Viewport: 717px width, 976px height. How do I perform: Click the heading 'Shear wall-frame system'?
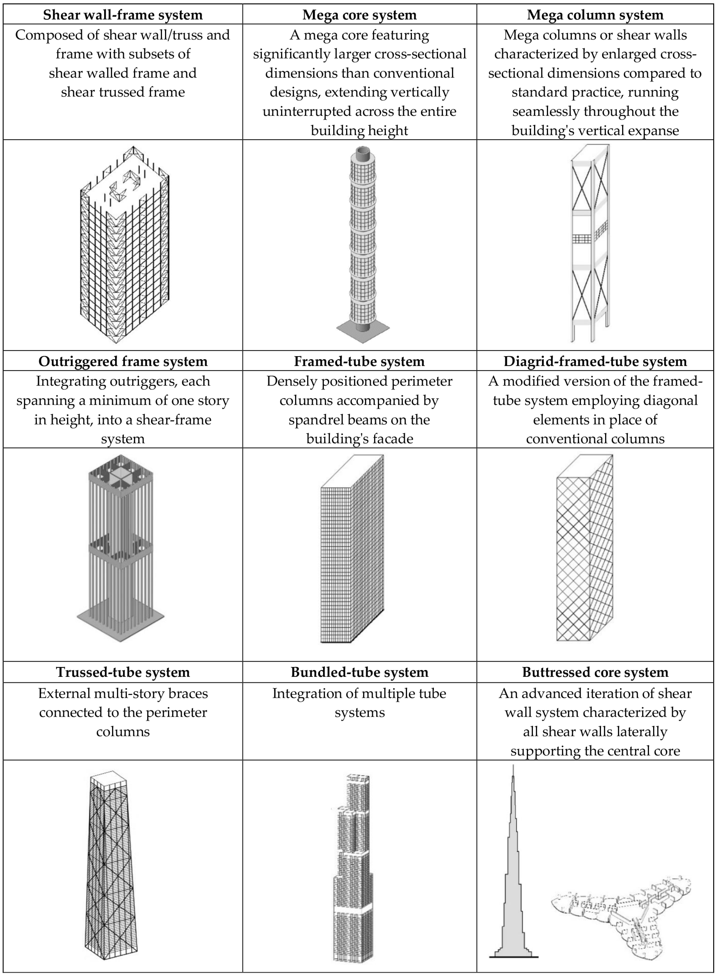pos(123,15)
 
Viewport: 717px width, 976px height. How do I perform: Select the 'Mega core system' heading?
pos(359,15)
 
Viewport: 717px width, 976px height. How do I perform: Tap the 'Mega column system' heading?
pos(595,15)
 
